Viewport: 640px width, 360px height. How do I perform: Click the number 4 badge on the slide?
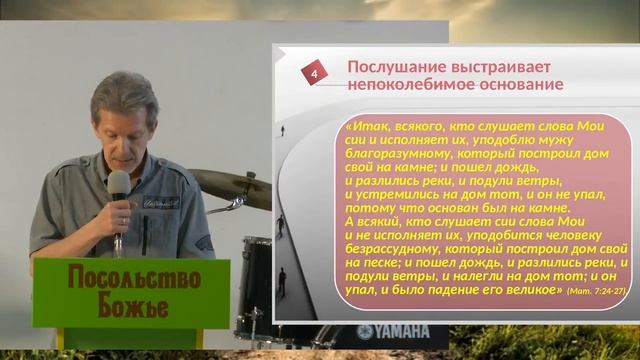(x=315, y=75)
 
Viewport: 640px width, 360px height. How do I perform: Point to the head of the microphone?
(x=118, y=184)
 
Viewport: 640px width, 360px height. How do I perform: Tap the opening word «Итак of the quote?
(x=363, y=128)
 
